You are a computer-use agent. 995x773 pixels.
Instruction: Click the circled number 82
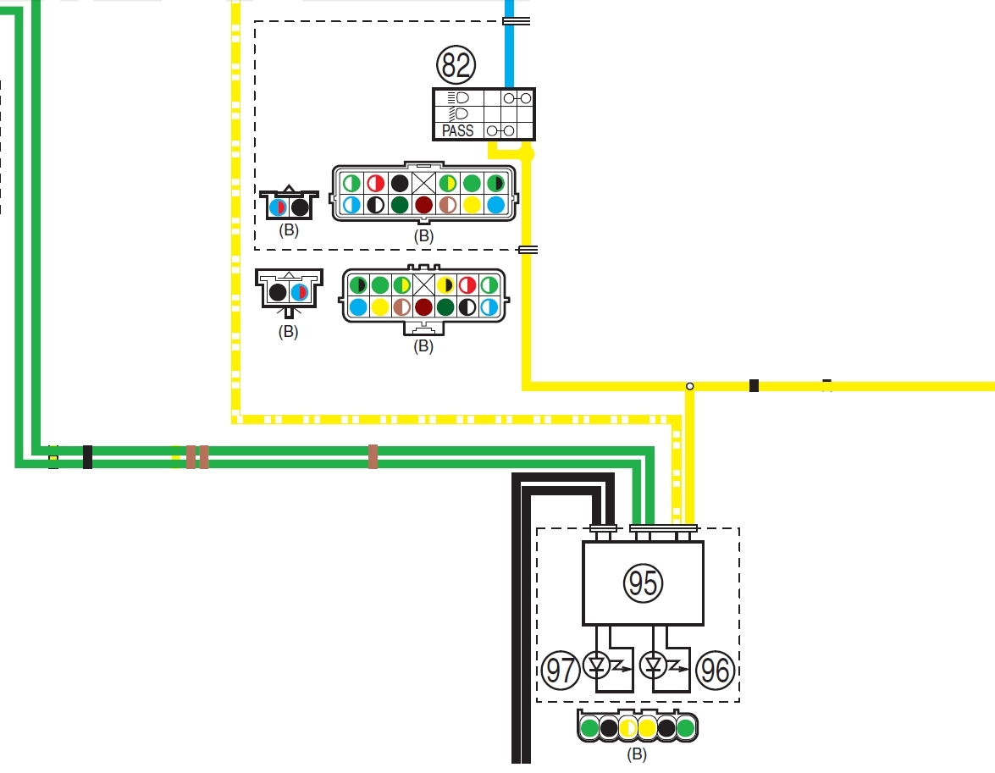(x=456, y=64)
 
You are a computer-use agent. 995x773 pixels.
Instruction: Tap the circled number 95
(x=643, y=583)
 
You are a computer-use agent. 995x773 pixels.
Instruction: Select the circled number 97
(x=561, y=670)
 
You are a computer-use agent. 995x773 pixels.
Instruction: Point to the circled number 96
(x=715, y=670)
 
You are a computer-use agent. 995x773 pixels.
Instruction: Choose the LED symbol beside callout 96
(x=654, y=665)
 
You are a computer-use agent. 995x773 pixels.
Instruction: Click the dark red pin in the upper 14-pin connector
(x=424, y=205)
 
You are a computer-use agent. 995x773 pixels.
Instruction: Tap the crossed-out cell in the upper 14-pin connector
(x=424, y=183)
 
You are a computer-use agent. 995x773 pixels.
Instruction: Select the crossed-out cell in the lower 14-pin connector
(x=423, y=285)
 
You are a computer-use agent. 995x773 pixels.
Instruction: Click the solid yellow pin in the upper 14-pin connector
(x=473, y=205)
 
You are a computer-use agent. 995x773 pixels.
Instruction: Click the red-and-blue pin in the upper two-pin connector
(x=277, y=207)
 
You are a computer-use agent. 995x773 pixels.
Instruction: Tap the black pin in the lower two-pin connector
(x=277, y=293)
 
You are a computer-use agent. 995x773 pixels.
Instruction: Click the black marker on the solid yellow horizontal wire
(x=754, y=386)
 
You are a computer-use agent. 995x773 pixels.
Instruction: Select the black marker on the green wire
(x=87, y=456)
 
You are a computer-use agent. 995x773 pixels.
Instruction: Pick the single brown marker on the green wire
(x=373, y=456)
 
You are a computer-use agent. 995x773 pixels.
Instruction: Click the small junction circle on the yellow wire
(x=689, y=386)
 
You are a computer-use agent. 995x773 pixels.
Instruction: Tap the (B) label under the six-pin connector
(x=637, y=754)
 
